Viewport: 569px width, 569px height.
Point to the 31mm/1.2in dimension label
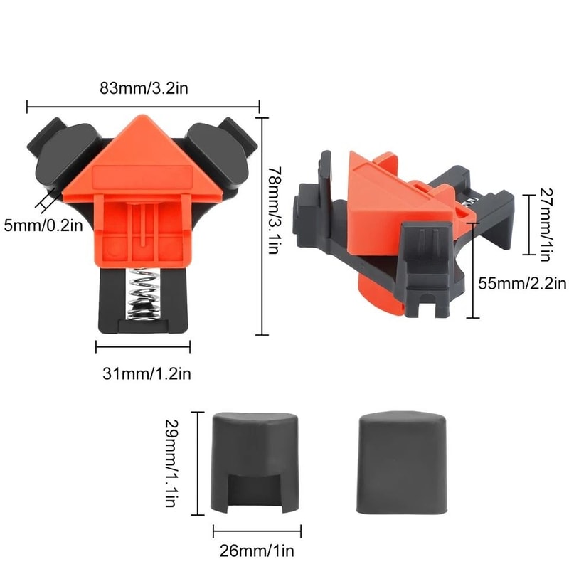[144, 372]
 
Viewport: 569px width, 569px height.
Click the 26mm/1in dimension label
[256, 550]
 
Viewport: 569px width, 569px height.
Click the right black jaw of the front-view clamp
[220, 149]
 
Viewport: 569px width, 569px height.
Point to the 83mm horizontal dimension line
[143, 107]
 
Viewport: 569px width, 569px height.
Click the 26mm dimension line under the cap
[257, 531]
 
